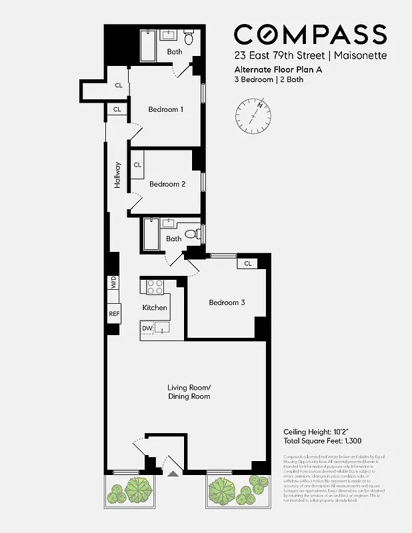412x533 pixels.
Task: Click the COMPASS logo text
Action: coord(310,35)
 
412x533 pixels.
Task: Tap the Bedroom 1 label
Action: coord(165,109)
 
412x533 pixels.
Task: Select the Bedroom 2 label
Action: coord(167,184)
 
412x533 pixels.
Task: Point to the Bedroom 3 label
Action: coord(227,302)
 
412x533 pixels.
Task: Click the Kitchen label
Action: coord(155,308)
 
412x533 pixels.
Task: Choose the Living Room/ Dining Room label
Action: coord(189,392)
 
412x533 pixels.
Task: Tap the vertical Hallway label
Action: coord(118,175)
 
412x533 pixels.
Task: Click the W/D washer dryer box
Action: coord(113,282)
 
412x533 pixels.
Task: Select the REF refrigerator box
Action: coord(113,314)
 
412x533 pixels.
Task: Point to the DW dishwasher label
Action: coord(147,328)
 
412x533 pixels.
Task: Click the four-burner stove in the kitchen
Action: coord(155,287)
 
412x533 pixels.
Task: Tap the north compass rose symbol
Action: coord(254,114)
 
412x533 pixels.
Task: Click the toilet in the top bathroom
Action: coord(188,38)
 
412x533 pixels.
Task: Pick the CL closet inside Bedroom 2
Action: coord(138,165)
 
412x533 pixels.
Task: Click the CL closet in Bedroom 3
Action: coord(247,263)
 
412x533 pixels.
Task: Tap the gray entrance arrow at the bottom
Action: coord(173,473)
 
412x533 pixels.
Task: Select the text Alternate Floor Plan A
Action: coord(274,69)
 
